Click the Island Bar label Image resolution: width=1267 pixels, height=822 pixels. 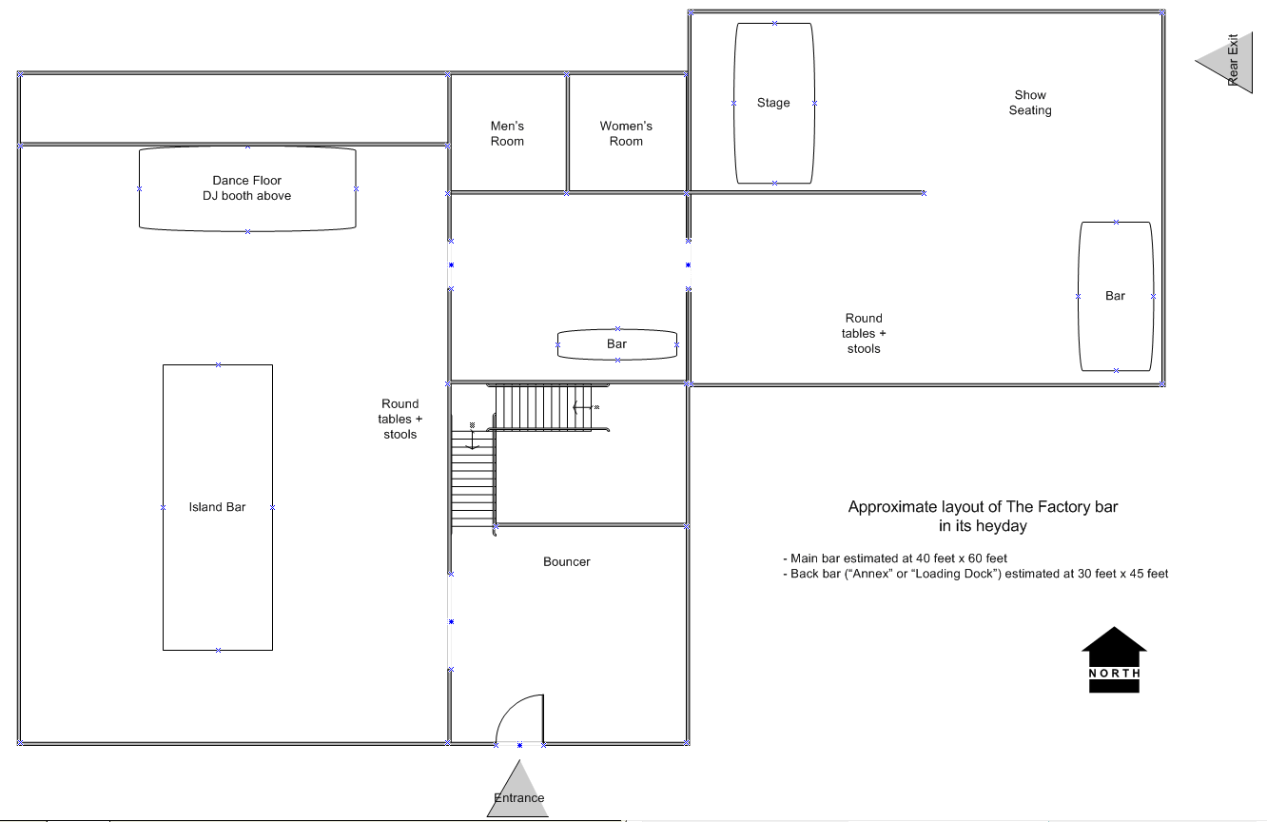tap(217, 507)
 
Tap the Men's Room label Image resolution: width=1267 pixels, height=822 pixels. tap(507, 133)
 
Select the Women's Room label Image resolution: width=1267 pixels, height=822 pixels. tap(626, 133)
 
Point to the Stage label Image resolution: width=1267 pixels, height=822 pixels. tap(773, 103)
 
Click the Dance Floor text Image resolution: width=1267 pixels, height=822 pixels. tap(246, 180)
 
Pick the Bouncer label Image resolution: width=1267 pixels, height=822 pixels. tap(566, 561)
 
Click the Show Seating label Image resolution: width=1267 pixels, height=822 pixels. tap(1030, 103)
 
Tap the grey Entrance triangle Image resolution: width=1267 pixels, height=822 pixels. tap(518, 790)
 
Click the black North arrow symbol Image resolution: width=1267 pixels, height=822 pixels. tap(1114, 659)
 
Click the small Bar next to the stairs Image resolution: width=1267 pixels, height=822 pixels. tap(617, 344)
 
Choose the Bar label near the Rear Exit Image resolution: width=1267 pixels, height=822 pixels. tap(1115, 296)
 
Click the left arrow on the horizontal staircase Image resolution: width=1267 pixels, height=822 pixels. tap(582, 407)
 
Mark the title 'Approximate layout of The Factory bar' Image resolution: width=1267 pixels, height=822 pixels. tap(983, 507)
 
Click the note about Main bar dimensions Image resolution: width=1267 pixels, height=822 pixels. tap(895, 558)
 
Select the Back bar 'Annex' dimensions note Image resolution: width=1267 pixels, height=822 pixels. tap(975, 574)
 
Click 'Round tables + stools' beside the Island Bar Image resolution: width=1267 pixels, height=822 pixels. tap(400, 420)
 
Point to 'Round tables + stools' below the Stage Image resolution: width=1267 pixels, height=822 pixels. tap(863, 333)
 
